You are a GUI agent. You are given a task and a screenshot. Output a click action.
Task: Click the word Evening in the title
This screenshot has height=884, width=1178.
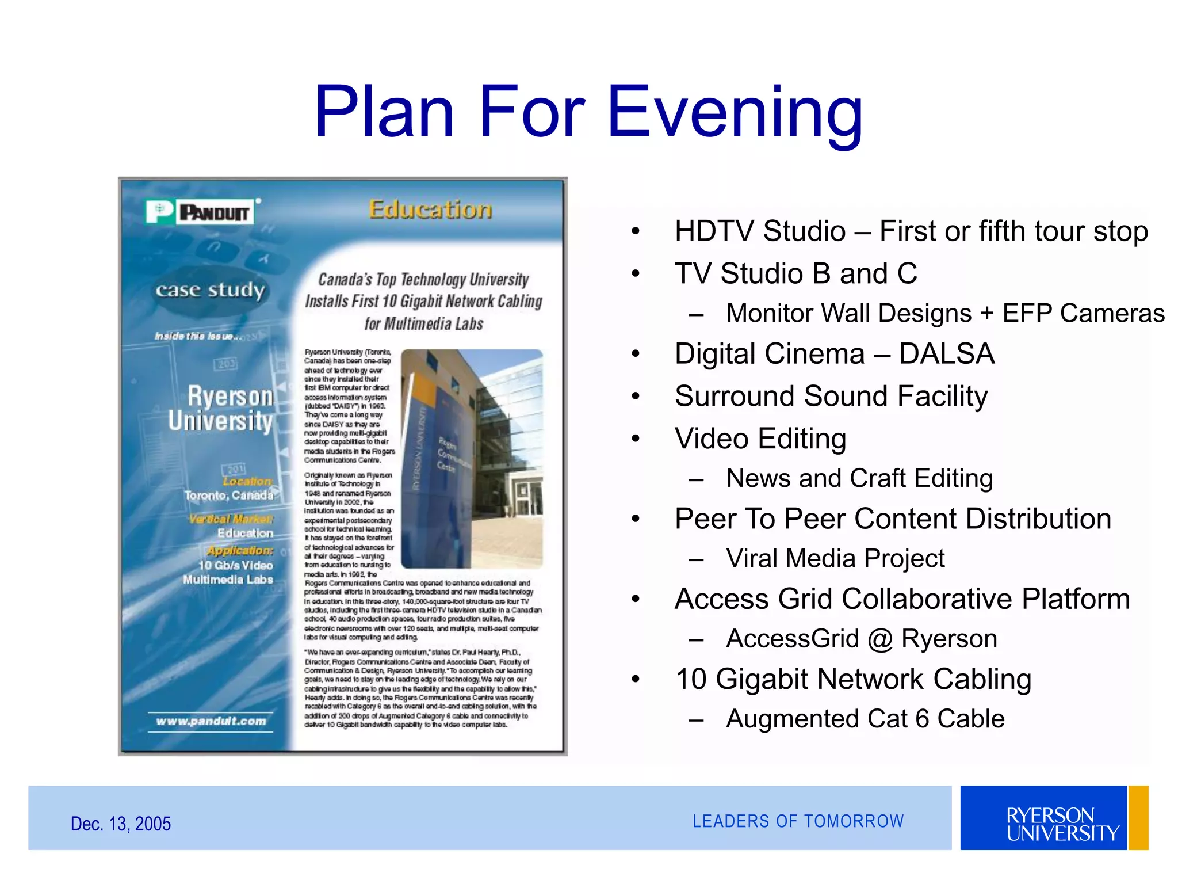point(735,112)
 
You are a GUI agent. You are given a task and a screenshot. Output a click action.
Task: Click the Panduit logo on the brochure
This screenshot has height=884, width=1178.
point(200,212)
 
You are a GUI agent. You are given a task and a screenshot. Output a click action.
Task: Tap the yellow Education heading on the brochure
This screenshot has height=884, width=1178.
point(430,209)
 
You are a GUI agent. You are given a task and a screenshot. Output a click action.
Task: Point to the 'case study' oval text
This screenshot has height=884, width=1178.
point(210,290)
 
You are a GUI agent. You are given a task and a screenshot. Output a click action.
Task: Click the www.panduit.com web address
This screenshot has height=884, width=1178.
point(211,721)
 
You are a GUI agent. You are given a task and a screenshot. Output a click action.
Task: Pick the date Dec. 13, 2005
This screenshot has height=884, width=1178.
point(121,824)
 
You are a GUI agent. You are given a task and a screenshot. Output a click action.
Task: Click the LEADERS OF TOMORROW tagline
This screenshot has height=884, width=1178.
point(798,821)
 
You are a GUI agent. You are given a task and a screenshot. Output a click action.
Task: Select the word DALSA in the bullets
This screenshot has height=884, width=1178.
point(946,353)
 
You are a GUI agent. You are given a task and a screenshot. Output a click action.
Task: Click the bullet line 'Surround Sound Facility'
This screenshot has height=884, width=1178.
point(831,396)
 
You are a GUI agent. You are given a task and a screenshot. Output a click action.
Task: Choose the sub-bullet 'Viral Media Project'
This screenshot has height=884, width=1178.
point(835,558)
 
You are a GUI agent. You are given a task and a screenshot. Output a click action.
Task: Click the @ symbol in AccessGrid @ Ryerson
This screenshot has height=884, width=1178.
point(880,639)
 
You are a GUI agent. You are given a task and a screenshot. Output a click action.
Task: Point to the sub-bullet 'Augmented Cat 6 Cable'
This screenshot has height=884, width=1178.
point(865,719)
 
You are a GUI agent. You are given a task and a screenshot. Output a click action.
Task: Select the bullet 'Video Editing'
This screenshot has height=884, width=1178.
point(760,439)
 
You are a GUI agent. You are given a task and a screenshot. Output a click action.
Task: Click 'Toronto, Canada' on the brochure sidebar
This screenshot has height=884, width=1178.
point(229,495)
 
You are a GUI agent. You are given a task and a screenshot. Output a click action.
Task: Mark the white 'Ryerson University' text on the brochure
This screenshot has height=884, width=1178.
point(222,408)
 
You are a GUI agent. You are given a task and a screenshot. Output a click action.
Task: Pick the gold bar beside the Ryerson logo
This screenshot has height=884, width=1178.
point(1138,817)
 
